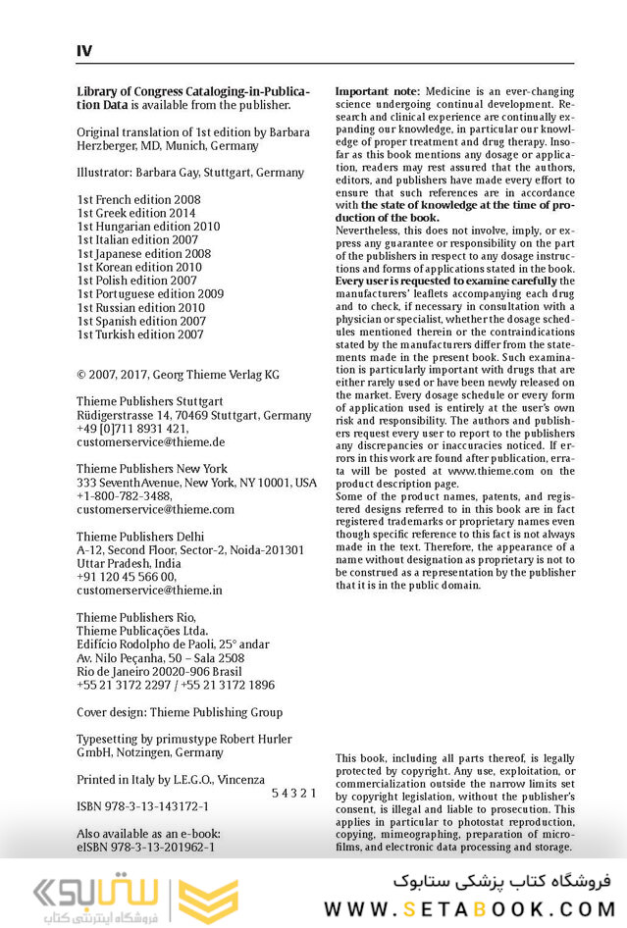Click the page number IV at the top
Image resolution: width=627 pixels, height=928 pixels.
point(84,51)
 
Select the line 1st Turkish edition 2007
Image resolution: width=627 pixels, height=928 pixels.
point(140,335)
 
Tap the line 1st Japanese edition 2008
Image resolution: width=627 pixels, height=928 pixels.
point(143,253)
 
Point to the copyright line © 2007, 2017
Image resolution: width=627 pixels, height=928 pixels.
point(178,375)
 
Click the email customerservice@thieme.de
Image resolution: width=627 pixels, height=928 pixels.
point(151,442)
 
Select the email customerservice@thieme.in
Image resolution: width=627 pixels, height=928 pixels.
point(149,591)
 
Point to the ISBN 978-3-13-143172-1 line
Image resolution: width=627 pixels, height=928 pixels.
point(142,806)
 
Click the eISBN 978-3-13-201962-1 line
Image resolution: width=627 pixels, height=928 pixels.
point(146,847)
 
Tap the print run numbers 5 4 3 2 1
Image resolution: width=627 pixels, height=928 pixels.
point(293,793)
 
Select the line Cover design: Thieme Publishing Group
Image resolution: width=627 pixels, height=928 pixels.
point(180,712)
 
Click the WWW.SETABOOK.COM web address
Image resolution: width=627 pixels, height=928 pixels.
point(469,908)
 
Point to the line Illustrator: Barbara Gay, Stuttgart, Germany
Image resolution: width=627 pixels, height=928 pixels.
point(190,173)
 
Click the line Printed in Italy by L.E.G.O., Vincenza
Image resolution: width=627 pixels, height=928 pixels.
point(171,780)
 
